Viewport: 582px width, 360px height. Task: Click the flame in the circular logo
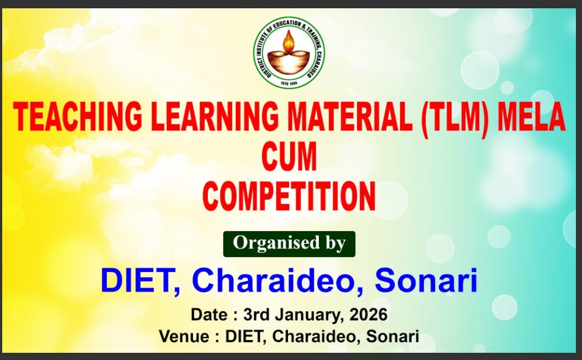click(x=289, y=41)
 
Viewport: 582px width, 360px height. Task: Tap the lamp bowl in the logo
click(x=289, y=62)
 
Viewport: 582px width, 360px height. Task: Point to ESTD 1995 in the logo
click(x=289, y=82)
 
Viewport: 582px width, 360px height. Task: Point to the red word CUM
click(x=289, y=156)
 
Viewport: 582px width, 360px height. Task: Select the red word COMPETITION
click(x=289, y=196)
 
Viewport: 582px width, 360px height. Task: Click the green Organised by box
click(x=289, y=244)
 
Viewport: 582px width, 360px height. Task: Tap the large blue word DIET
click(x=140, y=281)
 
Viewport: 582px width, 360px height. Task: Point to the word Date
click(x=209, y=315)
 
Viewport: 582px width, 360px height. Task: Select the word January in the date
click(x=307, y=315)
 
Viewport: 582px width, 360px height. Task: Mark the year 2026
click(x=368, y=315)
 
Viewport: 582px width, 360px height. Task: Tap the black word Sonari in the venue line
click(x=393, y=337)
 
